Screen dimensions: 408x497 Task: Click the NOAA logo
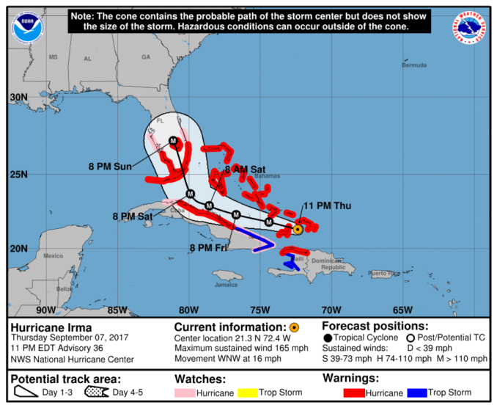click(28, 26)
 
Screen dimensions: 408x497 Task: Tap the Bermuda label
click(413, 65)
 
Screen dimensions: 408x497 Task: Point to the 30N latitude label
click(18, 98)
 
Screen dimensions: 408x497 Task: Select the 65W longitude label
click(402, 310)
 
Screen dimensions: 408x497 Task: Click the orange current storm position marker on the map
click(298, 230)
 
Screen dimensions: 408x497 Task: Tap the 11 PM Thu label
click(329, 205)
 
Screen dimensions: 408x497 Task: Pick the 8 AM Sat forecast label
click(245, 170)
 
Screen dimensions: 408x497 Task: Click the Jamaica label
click(226, 285)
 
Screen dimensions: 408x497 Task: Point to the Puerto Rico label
click(385, 274)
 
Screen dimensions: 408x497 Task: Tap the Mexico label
click(54, 255)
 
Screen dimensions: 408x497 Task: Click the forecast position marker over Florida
click(174, 141)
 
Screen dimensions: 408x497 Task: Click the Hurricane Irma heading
click(48, 327)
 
